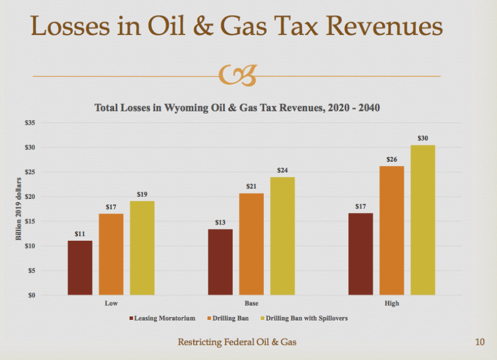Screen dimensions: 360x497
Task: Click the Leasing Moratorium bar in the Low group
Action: (80, 267)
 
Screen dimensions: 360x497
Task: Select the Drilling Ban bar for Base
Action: (251, 244)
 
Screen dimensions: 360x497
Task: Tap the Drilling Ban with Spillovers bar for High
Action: (423, 220)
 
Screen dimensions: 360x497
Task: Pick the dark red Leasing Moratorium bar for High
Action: (360, 254)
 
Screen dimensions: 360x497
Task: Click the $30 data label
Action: (422, 138)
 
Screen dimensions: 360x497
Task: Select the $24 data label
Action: (282, 170)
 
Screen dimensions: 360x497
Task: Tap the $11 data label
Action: (80, 233)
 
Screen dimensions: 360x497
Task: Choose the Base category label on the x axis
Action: (251, 303)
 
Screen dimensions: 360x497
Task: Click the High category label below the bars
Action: (391, 303)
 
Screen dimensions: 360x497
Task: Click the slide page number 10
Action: (479, 342)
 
